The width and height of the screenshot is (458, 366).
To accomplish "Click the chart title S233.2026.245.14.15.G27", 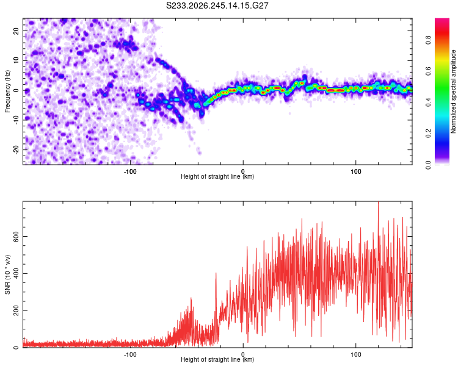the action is point(217,5).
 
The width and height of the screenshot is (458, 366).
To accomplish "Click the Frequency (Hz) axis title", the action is point(7,91).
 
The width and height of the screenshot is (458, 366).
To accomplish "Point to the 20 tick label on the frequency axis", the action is point(16,31).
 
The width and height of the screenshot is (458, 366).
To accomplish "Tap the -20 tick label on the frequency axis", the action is point(16,149).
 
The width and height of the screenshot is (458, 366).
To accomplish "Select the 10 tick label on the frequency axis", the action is point(16,60).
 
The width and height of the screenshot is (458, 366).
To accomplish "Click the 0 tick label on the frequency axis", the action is point(16,90).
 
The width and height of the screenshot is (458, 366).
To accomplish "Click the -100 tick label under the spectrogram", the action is point(130,171).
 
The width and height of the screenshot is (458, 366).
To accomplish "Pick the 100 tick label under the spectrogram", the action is point(356,171).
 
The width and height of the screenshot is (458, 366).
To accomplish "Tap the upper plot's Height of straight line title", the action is point(217,176).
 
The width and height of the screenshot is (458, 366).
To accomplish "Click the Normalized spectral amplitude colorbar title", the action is point(453,91).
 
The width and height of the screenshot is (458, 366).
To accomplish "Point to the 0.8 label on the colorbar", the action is point(428,40).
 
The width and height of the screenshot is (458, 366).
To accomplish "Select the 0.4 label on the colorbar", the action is point(428,102).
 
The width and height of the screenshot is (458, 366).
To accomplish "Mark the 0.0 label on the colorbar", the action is point(428,165).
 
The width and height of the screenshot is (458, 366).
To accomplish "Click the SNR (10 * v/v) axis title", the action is point(7,274).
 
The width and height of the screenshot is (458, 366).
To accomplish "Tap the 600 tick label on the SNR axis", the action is point(16,236).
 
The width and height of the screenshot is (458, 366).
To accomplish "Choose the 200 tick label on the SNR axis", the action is point(16,310).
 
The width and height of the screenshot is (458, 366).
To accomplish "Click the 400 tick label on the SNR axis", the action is point(16,273).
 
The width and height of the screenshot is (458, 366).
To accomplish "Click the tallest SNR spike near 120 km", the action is point(379,202).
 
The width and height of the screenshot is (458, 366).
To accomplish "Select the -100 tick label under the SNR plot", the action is point(130,354).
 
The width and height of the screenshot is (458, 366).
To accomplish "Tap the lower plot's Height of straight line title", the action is point(217,359).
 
